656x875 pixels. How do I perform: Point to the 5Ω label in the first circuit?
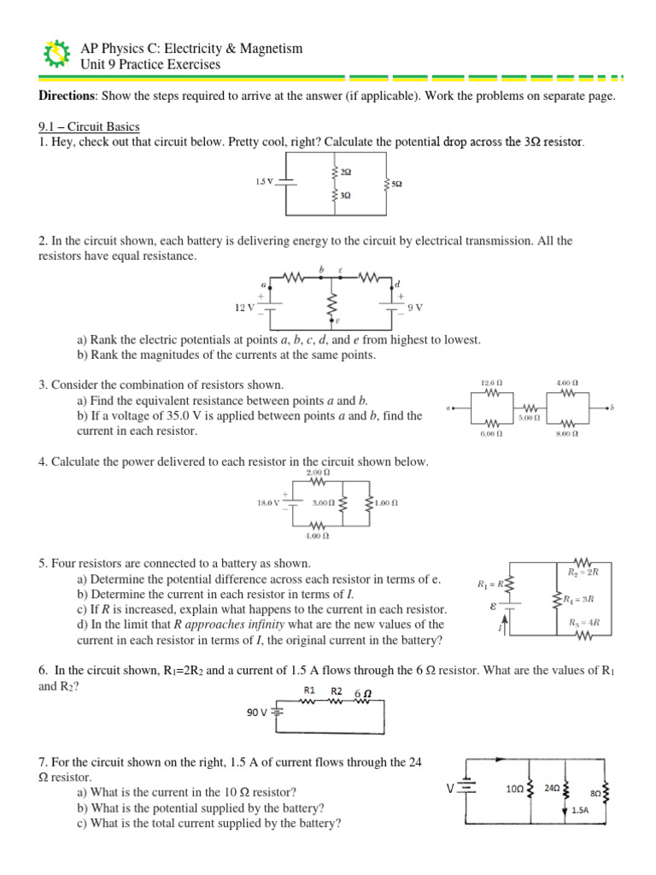(397, 184)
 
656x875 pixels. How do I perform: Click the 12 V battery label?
(245, 307)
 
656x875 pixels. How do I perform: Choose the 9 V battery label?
(416, 307)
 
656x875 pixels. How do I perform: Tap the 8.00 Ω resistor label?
(566, 434)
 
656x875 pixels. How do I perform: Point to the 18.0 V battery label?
(268, 504)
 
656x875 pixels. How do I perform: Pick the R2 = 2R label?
(585, 571)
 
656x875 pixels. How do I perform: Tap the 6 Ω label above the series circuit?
(361, 693)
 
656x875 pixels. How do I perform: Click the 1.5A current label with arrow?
(578, 809)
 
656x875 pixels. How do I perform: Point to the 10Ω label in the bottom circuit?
(514, 790)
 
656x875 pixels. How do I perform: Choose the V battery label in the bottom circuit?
(449, 790)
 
